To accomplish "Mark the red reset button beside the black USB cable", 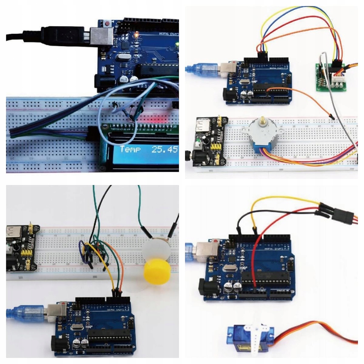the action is [x=108, y=24].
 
